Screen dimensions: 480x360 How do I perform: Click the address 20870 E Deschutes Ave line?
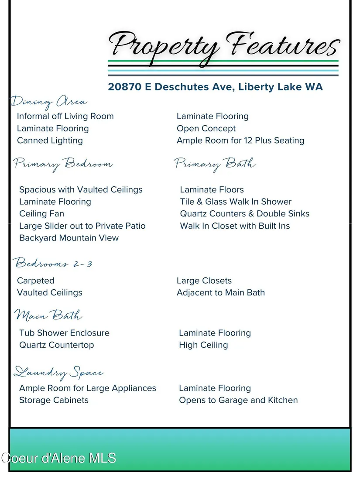[215, 87]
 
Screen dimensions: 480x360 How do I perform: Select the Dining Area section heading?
[49, 102]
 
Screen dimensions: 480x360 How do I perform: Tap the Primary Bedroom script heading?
[63, 164]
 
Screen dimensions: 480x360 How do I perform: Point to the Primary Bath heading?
[215, 164]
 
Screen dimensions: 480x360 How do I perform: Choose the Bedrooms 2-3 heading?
[53, 264]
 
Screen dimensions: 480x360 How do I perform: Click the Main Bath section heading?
[48, 315]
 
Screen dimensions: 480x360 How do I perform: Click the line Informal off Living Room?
[65, 116]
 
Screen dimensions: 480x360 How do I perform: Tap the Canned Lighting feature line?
[50, 141]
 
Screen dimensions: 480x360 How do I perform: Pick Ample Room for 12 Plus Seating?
[240, 141]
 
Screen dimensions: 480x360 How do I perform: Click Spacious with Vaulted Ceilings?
[81, 190]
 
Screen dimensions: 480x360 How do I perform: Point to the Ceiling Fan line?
[41, 214]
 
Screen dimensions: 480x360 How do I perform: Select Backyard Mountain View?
[69, 238]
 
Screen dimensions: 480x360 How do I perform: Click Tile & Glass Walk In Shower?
[236, 202]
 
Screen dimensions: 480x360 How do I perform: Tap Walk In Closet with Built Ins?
[235, 226]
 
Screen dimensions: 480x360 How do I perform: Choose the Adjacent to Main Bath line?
[221, 293]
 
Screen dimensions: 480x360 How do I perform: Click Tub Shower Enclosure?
[64, 333]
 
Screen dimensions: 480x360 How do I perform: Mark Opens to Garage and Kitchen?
[238, 400]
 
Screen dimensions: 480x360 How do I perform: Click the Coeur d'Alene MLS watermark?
[58, 458]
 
